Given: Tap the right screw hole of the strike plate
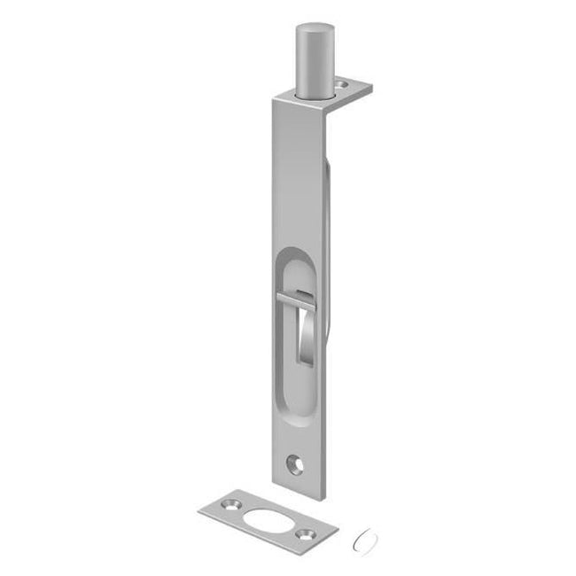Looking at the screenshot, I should tap(307, 533).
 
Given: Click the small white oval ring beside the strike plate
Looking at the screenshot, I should tap(361, 536).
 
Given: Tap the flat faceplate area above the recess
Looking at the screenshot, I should tap(292, 177).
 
